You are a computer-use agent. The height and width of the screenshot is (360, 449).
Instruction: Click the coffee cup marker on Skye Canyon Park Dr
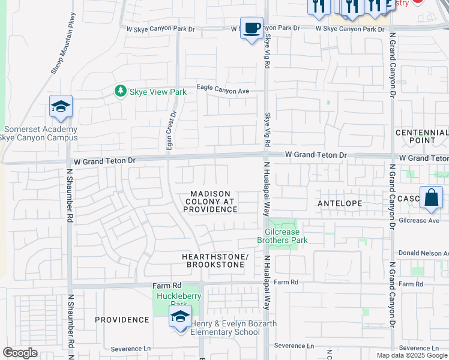[x=252, y=28]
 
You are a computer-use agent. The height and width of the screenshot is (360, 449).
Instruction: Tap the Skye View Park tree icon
[x=121, y=91]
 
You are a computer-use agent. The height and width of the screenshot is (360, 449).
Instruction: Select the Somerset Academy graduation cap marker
[x=61, y=107]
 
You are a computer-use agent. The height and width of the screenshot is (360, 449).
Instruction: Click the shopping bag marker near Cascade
[x=431, y=197]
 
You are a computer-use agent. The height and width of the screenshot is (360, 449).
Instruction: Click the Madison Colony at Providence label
[x=210, y=202]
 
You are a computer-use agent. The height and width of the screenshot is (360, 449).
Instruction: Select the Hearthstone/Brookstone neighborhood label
[x=215, y=260]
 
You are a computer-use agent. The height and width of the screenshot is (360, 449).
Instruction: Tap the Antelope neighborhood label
[x=340, y=203]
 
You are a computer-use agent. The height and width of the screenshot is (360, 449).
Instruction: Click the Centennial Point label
[x=421, y=136]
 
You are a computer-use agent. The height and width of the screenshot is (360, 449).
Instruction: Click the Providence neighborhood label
[x=122, y=320]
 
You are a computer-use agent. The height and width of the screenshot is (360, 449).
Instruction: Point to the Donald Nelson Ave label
[x=424, y=254]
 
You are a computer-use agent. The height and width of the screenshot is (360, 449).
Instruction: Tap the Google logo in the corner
[x=20, y=353]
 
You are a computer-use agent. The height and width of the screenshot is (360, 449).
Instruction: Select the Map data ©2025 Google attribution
[x=412, y=355]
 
